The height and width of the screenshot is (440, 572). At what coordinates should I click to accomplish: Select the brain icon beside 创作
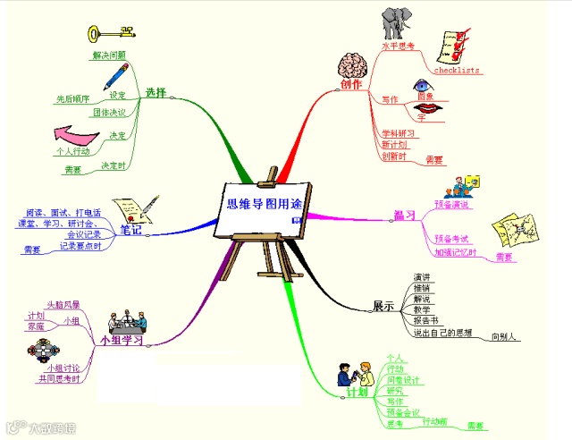pos(351,65)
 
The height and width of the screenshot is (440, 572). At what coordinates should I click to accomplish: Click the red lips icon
pos(427,108)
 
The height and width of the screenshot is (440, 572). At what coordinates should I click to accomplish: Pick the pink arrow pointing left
pos(75,134)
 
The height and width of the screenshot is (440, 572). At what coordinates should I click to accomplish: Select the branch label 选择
pos(156,92)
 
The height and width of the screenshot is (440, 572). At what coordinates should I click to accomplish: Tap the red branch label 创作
pos(351,85)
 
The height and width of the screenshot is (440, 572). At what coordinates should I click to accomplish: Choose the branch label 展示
pos(383,306)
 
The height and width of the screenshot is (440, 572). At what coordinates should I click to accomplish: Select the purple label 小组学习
pos(122,341)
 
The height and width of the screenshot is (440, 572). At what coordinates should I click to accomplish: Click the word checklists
pos(457,69)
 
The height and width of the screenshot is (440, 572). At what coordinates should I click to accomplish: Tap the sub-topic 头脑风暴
pos(62,305)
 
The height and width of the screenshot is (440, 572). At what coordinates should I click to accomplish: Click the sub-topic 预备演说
pos(451,205)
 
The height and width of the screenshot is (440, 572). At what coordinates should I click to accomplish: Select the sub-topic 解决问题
pos(109,55)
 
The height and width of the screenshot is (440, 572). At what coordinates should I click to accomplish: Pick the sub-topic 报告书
pos(425,320)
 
